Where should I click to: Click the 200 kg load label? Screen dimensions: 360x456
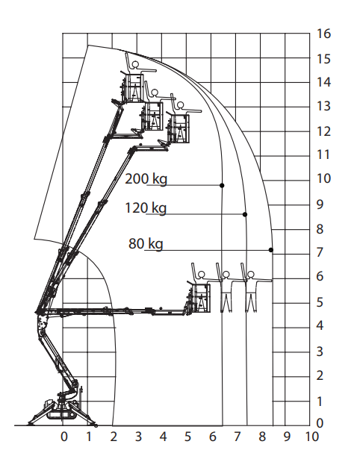click(146, 178)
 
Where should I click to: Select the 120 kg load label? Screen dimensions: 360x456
click(146, 208)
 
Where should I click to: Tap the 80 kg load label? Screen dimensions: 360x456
click(146, 244)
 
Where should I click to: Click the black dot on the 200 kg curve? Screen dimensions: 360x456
click(222, 185)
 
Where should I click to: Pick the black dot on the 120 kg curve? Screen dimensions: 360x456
click(245, 214)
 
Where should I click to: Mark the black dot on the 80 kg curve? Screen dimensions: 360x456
click(271, 250)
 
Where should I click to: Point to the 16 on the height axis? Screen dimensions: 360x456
click(323, 34)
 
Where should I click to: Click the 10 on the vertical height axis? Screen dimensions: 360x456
click(323, 178)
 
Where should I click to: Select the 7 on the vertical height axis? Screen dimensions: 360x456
click(320, 252)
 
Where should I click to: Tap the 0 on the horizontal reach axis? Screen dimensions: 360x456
click(64, 437)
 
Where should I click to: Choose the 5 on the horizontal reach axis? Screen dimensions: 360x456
click(187, 437)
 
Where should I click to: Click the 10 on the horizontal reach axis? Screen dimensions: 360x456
click(311, 437)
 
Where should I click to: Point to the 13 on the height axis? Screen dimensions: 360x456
click(323, 106)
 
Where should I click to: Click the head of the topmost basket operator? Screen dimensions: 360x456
click(135, 65)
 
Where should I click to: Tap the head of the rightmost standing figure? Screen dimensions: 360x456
click(250, 274)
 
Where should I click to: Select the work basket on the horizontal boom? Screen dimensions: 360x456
click(199, 298)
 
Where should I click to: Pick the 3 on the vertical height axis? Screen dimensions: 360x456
click(320, 352)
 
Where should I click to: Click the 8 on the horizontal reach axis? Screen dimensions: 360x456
click(262, 437)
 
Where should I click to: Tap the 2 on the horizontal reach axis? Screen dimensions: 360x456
click(114, 437)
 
